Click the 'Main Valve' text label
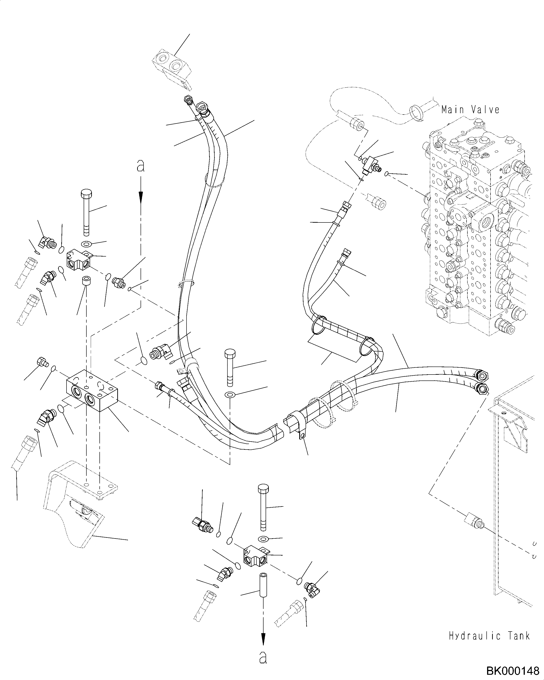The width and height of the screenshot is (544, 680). [x=470, y=110]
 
